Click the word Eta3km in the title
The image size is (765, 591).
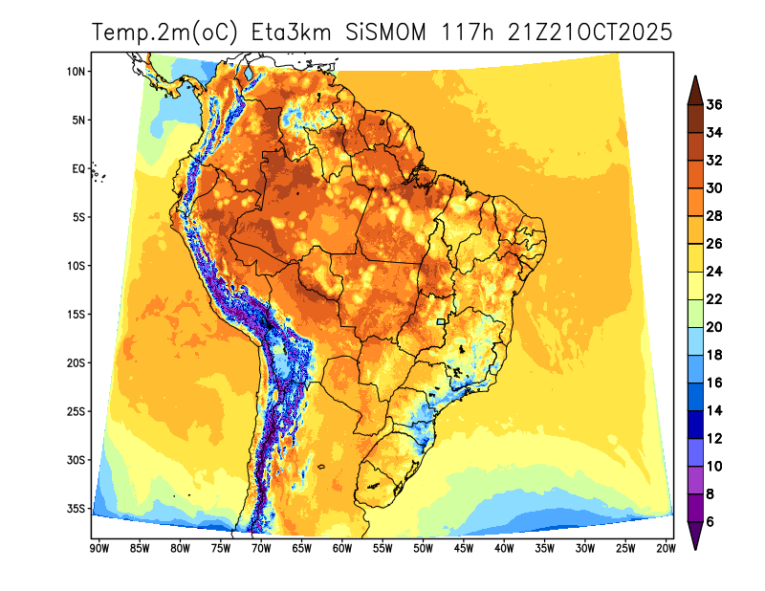291,33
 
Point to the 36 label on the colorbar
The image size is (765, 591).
713,105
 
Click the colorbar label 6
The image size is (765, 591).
710,522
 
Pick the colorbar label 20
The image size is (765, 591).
713,327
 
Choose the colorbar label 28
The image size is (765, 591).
713,216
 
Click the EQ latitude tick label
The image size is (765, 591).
78,169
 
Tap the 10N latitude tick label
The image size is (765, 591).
77,72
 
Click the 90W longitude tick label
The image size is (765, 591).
98,548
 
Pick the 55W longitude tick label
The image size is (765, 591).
382,548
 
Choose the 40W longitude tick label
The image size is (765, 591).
504,548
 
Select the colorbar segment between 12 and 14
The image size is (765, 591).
695,425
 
